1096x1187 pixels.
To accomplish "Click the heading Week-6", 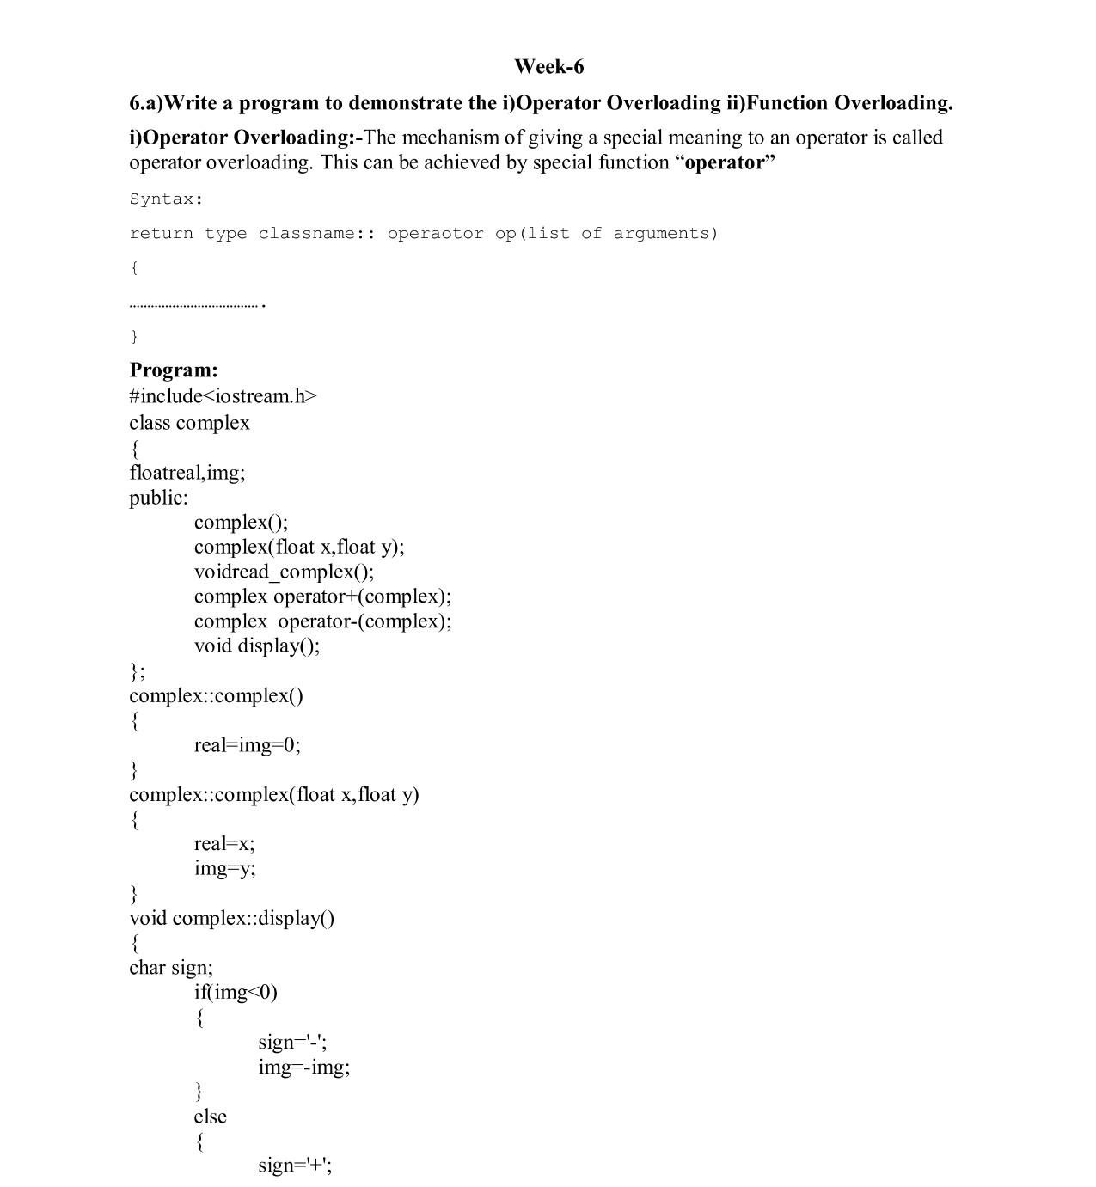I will point(548,66).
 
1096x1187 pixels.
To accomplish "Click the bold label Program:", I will point(174,370).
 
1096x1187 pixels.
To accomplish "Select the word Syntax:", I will point(167,199).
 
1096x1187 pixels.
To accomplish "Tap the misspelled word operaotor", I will point(435,234).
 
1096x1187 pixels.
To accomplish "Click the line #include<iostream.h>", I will point(223,396).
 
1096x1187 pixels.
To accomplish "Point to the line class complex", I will point(189,423).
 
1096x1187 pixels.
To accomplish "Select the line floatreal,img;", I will point(187,473).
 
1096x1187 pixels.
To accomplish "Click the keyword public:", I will point(158,498).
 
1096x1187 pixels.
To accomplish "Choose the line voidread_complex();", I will point(284,572).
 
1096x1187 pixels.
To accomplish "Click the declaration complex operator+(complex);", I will point(322,597).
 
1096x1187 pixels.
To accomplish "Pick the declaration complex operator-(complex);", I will point(322,621).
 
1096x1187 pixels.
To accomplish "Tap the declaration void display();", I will point(257,646).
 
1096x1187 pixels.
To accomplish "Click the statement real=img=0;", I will point(248,745).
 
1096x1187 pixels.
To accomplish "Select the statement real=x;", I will point(224,843).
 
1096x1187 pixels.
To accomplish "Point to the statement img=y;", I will point(224,868).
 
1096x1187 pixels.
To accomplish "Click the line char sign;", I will point(171,968).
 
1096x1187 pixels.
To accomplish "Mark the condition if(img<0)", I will point(236,993).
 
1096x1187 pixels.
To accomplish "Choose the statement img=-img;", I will point(304,1068).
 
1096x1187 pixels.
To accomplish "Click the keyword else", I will point(210,1117).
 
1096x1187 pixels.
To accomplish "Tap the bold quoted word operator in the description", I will point(725,162).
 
